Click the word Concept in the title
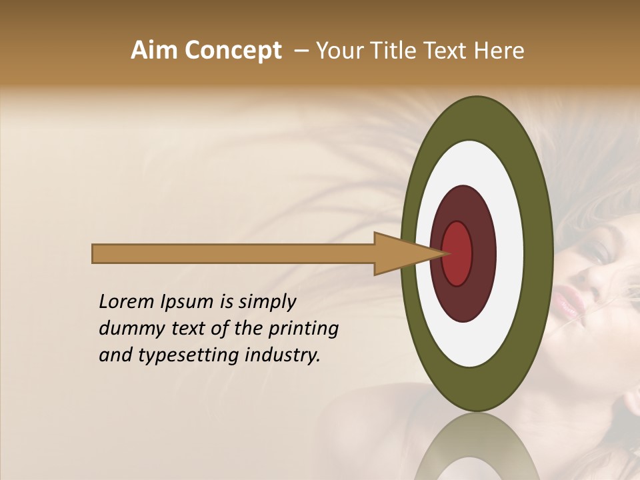coord(233,51)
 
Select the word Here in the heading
coord(499,51)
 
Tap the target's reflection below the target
coord(477,447)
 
